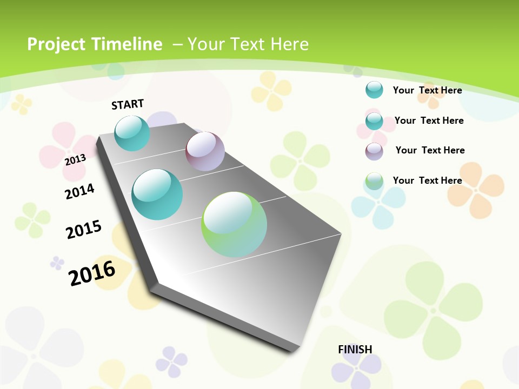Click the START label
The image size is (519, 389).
click(x=128, y=104)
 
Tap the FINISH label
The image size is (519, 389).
click(x=355, y=350)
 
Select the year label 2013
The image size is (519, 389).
click(x=76, y=160)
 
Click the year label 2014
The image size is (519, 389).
click(x=79, y=191)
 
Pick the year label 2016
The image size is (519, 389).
click(x=92, y=273)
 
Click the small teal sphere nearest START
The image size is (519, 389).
click(x=132, y=133)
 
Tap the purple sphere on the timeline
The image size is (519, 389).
click(x=205, y=151)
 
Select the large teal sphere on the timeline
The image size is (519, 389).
click(x=157, y=194)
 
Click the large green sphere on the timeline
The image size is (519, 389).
click(x=234, y=224)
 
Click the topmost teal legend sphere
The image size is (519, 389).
click(x=374, y=90)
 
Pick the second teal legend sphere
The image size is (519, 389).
click(x=374, y=120)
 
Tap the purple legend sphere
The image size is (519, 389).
click(x=374, y=151)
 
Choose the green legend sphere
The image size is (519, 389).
click(x=374, y=181)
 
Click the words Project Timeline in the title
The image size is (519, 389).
click(x=95, y=44)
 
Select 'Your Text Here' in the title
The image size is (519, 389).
click(x=248, y=44)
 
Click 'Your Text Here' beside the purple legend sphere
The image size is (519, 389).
click(x=430, y=150)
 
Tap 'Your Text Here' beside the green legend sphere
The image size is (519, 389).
click(x=427, y=180)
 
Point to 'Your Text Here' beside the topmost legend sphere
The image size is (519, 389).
click(x=427, y=90)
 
